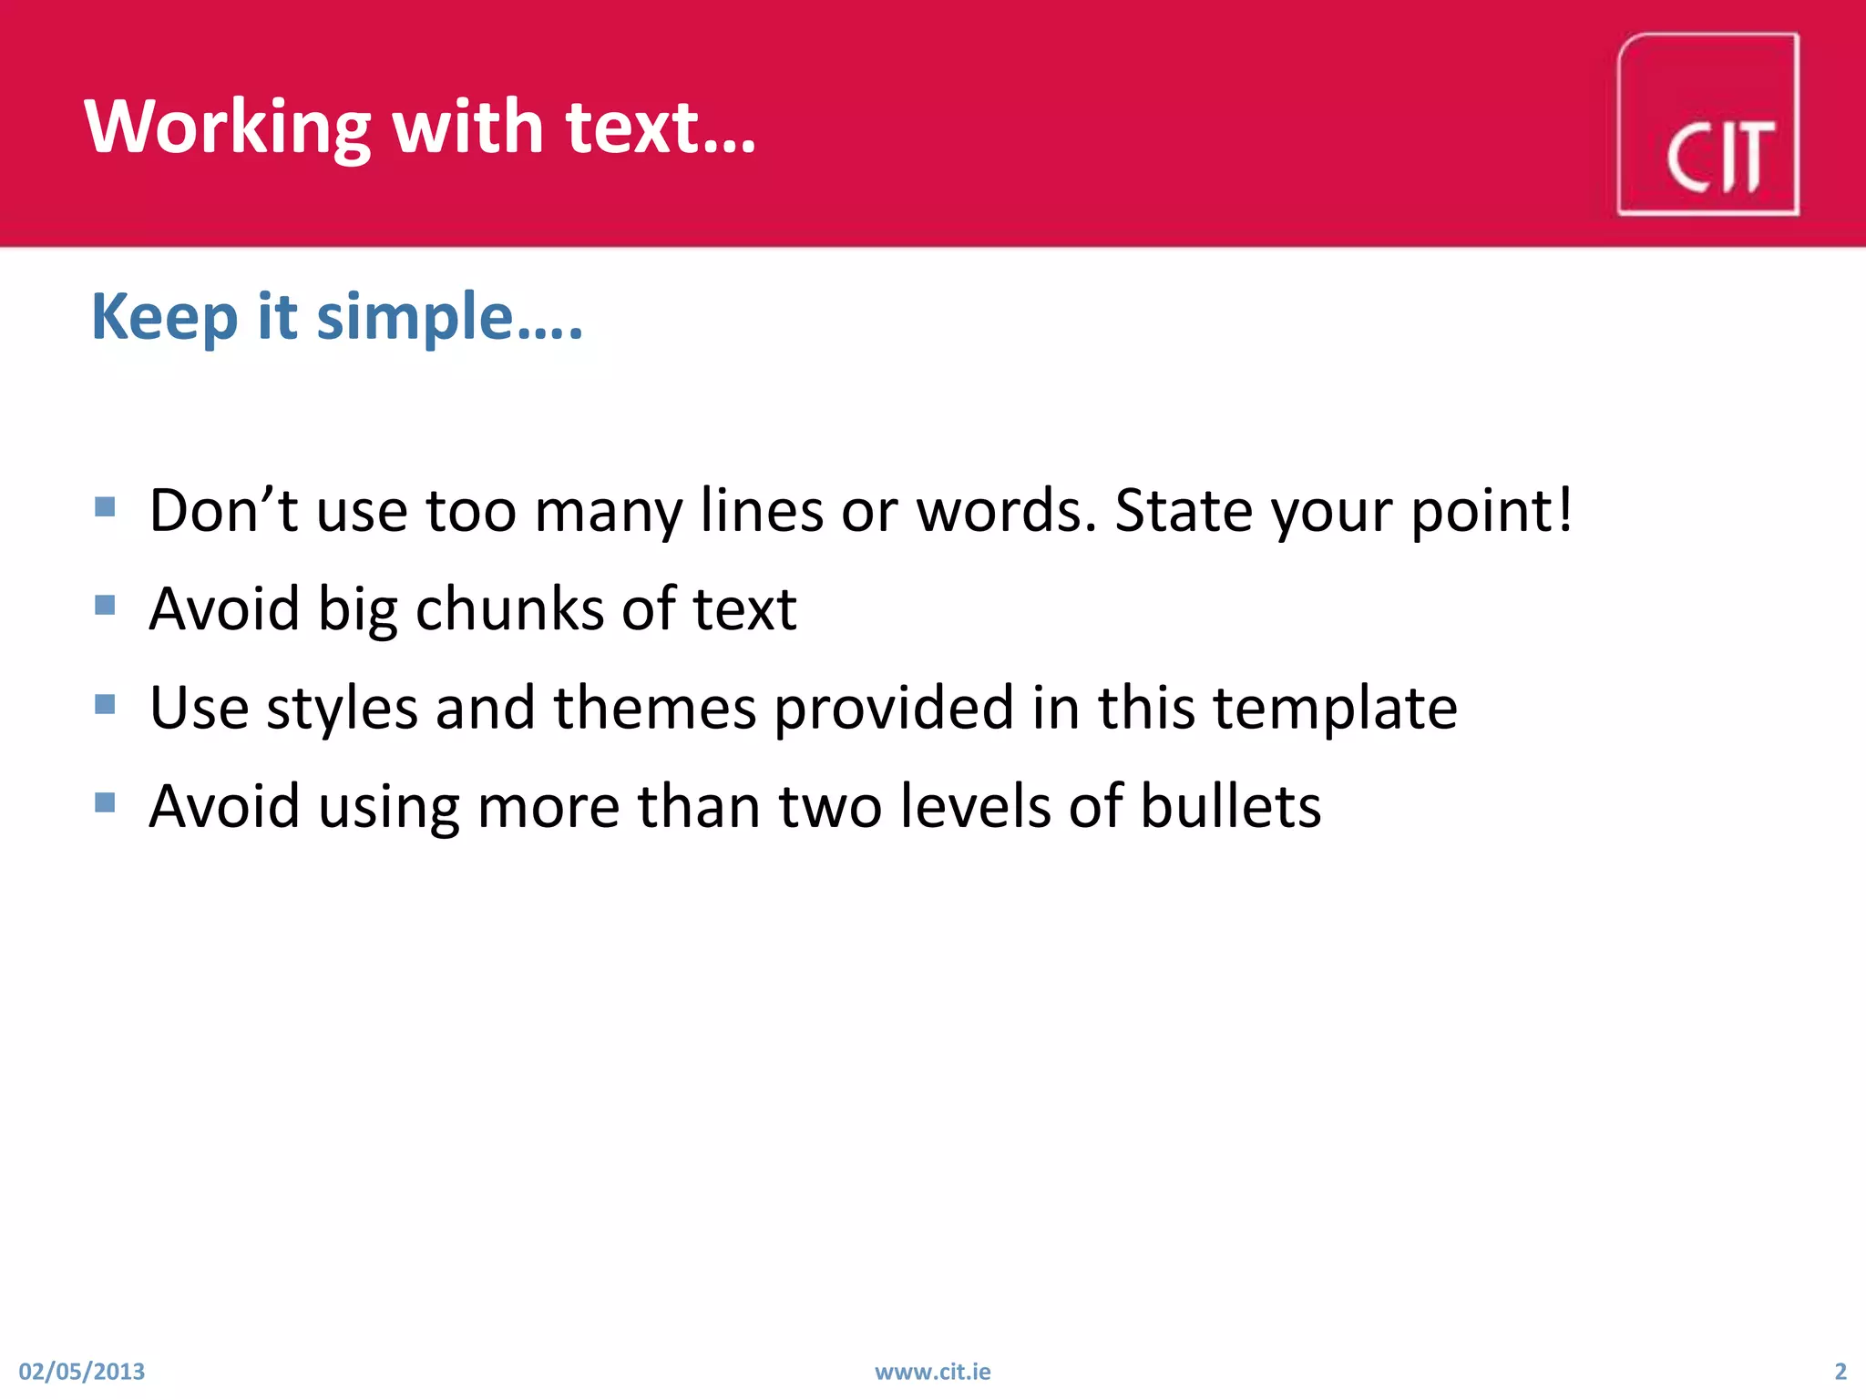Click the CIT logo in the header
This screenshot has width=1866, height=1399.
point(1707,125)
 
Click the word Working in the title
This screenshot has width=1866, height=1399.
point(227,128)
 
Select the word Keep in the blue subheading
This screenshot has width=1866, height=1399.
point(165,317)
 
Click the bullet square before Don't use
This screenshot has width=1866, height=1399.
point(105,506)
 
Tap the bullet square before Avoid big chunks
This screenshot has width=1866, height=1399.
point(105,605)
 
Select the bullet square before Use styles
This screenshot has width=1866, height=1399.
point(105,704)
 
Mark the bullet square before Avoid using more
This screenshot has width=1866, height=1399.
point(105,802)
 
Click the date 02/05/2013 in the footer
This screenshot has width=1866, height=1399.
point(82,1372)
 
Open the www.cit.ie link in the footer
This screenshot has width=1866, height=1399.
point(932,1372)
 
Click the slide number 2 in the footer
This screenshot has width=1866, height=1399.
point(1840,1372)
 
